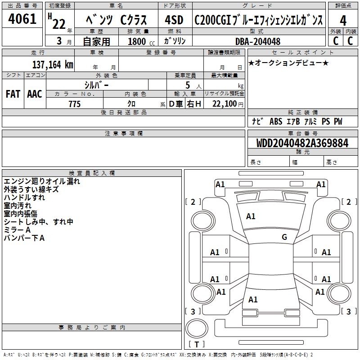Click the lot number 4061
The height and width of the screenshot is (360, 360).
(x=22, y=21)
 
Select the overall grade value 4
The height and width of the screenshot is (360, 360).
(x=343, y=21)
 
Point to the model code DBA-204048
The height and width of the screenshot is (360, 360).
(x=258, y=41)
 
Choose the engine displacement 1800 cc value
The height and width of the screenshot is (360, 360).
(x=137, y=41)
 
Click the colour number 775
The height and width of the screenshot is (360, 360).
(x=74, y=104)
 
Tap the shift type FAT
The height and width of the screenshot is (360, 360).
(x=13, y=94)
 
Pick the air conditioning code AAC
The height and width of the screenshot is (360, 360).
(x=34, y=94)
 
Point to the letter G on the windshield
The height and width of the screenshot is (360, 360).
(x=284, y=237)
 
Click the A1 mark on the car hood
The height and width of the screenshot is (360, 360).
(x=251, y=216)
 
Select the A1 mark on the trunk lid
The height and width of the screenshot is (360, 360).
(x=253, y=299)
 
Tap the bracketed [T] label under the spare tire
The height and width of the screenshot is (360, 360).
(x=197, y=344)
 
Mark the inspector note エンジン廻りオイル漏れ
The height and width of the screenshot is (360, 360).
(x=42, y=181)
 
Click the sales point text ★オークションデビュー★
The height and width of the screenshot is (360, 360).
(x=288, y=63)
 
